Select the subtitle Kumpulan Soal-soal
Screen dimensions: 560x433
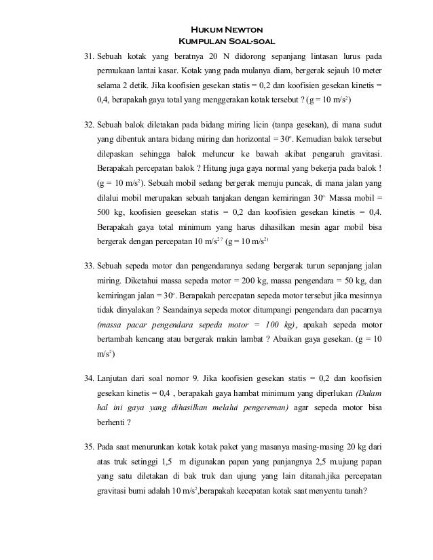pos(225,41)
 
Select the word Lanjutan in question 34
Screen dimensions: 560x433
pos(115,377)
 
